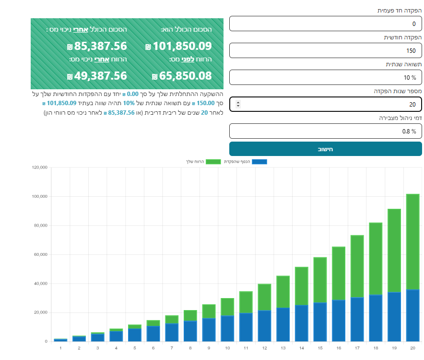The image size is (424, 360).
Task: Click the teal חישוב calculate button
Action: click(325, 149)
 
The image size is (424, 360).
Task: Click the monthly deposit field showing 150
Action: click(325, 50)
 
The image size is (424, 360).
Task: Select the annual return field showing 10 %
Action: click(325, 77)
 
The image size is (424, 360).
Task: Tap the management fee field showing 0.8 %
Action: click(325, 131)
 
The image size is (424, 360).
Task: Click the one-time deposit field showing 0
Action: click(325, 24)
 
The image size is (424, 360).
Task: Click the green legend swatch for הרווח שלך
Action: click(213, 162)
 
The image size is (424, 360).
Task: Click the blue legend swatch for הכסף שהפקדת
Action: click(259, 162)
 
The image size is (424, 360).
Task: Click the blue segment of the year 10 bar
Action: click(227, 329)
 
